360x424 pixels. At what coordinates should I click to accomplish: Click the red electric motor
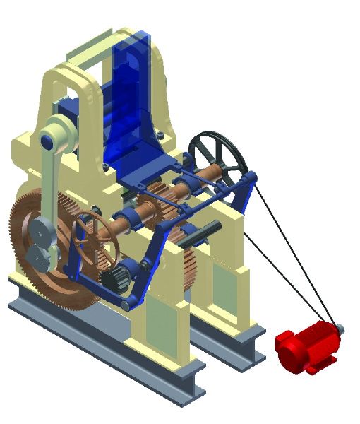305,348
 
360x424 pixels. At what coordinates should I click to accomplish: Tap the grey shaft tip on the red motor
341,327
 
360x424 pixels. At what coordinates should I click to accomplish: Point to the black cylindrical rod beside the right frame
201,235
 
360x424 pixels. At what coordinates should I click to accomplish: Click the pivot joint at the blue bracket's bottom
125,303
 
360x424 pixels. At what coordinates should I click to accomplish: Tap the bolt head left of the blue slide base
104,167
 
